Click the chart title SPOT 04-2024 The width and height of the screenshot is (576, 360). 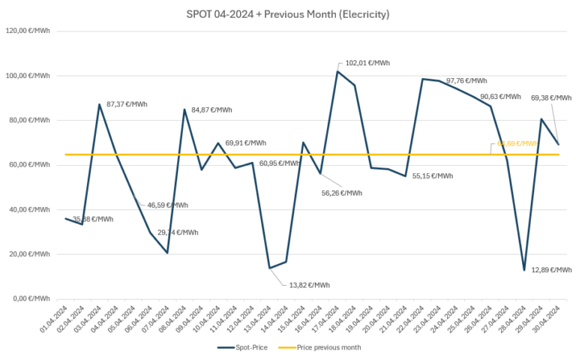[x=287, y=14]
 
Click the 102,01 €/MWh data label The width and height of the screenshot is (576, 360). [x=367, y=63]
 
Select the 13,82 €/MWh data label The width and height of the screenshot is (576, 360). [x=309, y=285]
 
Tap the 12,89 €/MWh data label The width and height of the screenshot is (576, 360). [x=551, y=270]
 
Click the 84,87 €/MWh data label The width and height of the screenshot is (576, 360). [x=212, y=110]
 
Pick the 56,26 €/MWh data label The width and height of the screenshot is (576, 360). [x=341, y=193]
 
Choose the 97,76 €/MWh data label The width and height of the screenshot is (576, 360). [x=466, y=81]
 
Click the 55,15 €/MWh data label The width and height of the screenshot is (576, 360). [x=432, y=176]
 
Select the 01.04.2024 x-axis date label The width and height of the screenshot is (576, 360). [x=54, y=321]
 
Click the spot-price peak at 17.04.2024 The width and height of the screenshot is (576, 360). [x=337, y=71]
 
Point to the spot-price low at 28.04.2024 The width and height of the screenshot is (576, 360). [x=524, y=270]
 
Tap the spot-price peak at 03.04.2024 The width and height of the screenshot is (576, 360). [x=100, y=104]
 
